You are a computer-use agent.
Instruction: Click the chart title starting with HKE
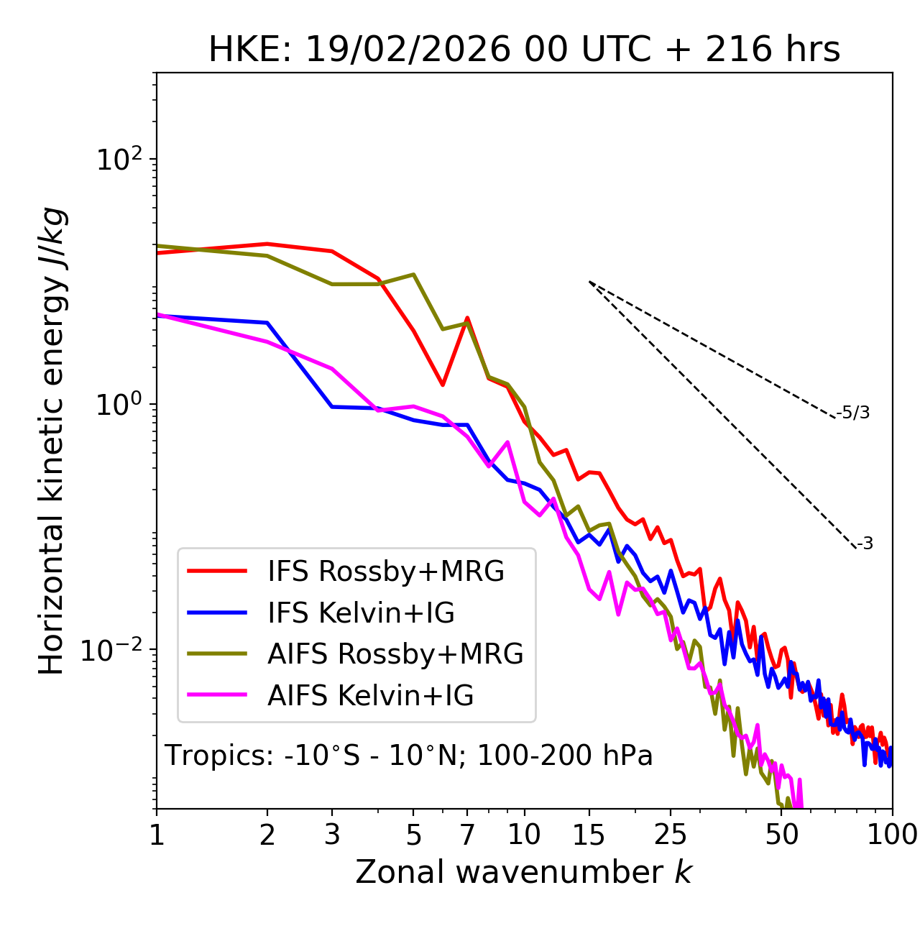click(x=524, y=50)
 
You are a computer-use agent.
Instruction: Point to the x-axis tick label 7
click(x=467, y=835)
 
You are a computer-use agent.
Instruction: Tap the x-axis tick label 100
click(x=892, y=835)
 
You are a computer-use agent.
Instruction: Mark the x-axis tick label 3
click(x=332, y=835)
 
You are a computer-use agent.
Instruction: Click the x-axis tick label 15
click(x=589, y=835)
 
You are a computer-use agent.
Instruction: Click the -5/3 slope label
click(x=853, y=413)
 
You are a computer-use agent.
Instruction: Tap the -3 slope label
click(x=865, y=544)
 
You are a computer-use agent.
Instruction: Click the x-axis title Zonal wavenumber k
click(x=524, y=872)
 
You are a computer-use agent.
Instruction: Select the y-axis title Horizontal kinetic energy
click(x=52, y=441)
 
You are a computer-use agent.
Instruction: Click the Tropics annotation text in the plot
click(x=408, y=756)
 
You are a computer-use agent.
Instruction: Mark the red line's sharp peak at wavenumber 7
click(x=467, y=318)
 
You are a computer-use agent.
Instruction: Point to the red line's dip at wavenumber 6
click(x=443, y=385)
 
